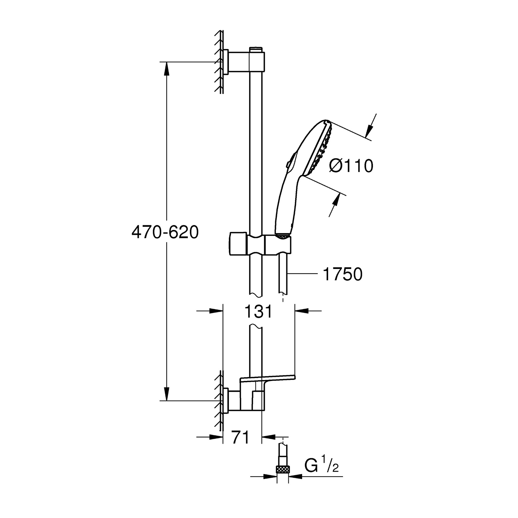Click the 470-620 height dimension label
click(165, 232)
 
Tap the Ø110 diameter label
click(351, 166)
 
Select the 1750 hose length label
click(343, 275)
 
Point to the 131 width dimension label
click(259, 311)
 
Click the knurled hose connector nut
click(283, 469)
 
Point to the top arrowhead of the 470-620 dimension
click(166, 68)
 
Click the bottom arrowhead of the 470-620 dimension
click(166, 394)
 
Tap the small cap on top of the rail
click(255, 49)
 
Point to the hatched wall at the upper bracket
click(219, 62)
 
